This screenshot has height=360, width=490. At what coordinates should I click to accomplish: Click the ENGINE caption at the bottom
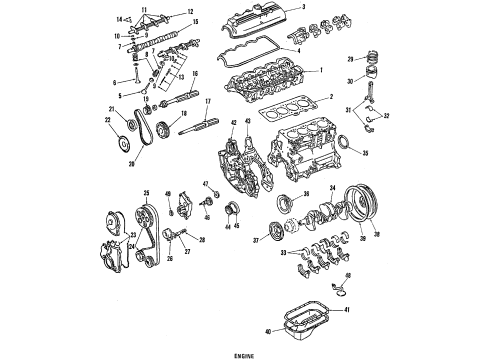[245, 354]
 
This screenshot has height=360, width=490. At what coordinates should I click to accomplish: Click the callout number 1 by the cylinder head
[321, 70]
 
